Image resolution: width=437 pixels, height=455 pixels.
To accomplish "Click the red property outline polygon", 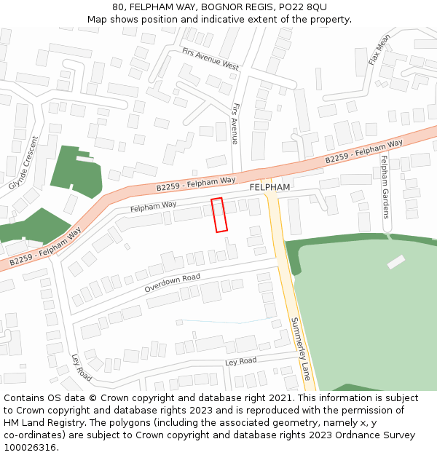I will click(219, 215).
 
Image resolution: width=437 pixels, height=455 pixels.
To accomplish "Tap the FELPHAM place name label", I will click(269, 187).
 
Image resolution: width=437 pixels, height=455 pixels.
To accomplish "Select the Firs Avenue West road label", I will click(210, 60).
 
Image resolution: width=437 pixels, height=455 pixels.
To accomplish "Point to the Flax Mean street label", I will click(379, 50).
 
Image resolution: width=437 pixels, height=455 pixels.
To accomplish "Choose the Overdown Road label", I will click(172, 282).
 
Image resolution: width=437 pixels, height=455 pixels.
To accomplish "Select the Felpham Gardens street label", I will click(385, 191).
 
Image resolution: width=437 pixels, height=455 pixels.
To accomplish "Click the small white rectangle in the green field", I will click(396, 261).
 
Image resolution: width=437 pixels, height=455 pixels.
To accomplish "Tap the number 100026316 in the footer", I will click(28, 448).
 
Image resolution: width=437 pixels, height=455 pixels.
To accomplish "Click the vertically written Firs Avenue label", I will click(235, 124).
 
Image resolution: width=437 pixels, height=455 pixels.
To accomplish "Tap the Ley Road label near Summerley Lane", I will click(241, 361).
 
